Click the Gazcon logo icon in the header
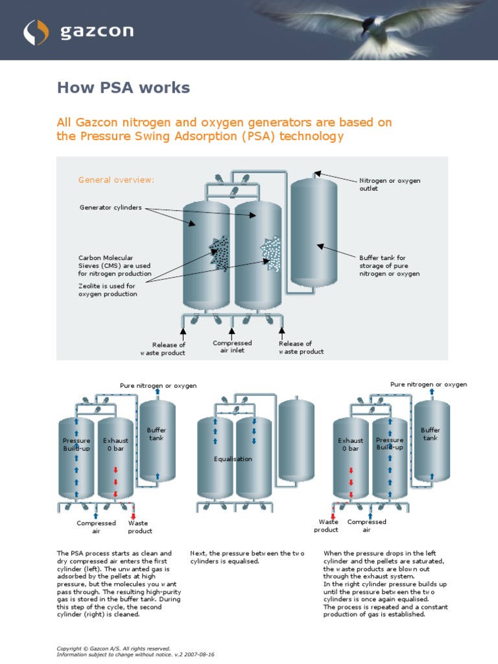36,31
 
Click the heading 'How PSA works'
123,88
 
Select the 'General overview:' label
116,180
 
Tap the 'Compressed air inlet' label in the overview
232,347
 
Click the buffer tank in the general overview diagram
313,233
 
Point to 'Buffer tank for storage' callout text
390,265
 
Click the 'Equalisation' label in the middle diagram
233,459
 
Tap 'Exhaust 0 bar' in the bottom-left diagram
115,444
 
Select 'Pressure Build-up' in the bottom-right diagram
390,444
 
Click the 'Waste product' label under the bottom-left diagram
139,527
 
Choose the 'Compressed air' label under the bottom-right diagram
366,525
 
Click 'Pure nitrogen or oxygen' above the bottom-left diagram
158,386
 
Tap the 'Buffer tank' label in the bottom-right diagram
431,434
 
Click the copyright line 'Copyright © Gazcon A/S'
113,648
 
